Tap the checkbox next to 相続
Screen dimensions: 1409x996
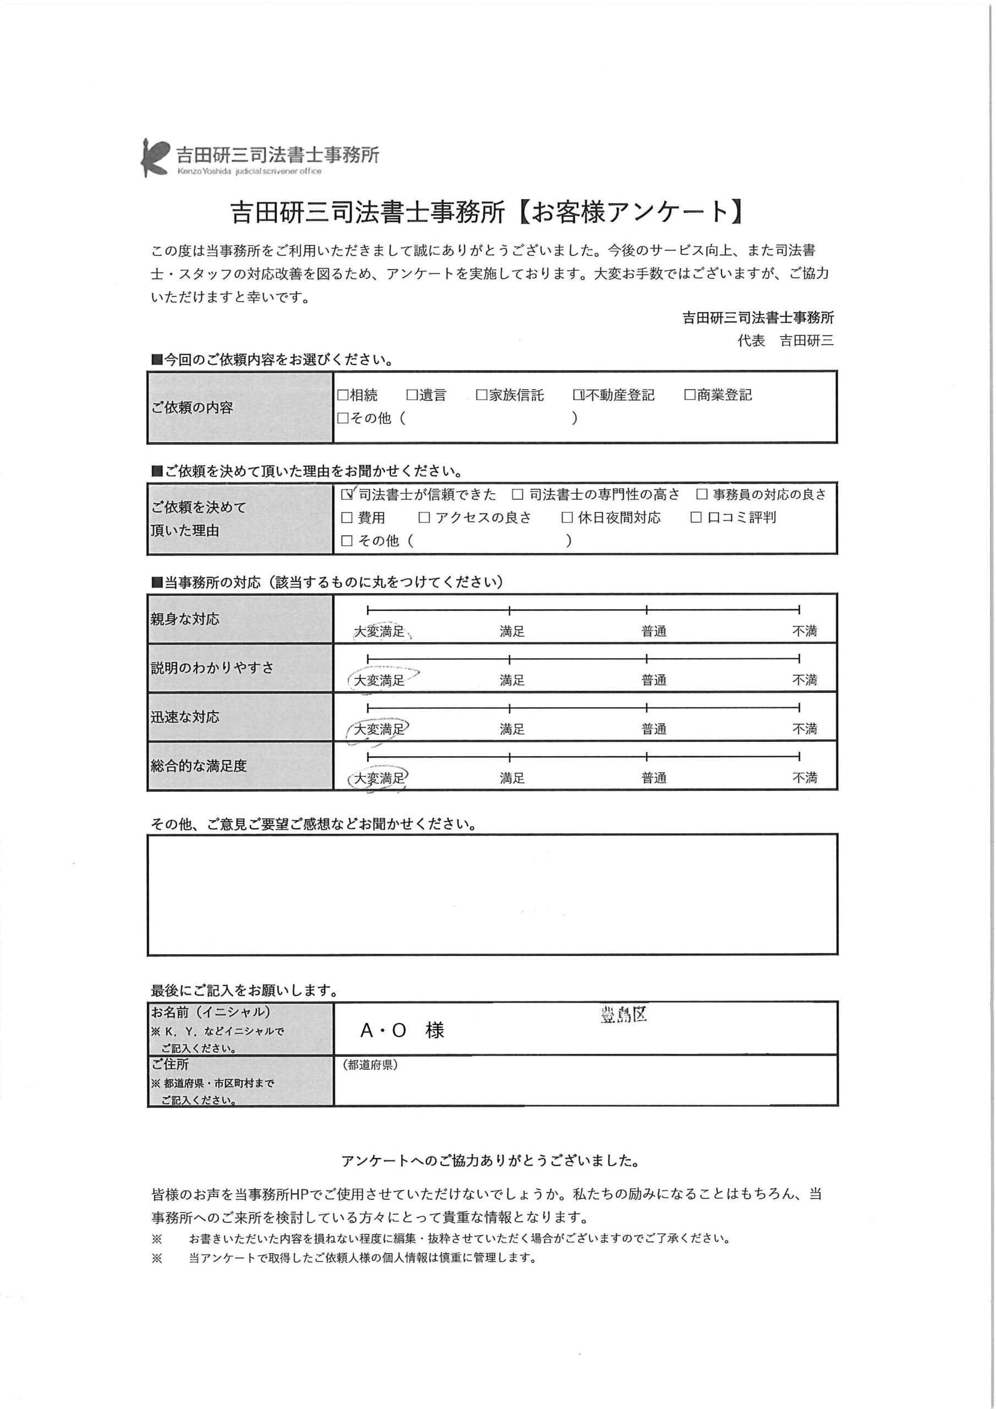click(x=342, y=395)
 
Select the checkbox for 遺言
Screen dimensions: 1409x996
click(x=412, y=395)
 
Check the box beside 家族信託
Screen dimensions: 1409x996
click(x=481, y=395)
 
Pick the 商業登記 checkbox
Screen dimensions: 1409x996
click(x=690, y=395)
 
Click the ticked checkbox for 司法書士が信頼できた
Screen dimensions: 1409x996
click(x=347, y=494)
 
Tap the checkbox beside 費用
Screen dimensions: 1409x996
click(x=347, y=518)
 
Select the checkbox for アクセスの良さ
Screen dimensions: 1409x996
click(x=424, y=518)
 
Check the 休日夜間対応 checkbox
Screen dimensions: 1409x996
click(x=567, y=518)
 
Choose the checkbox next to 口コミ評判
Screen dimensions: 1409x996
click(x=696, y=518)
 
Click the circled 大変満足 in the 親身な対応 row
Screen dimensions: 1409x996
click(x=379, y=631)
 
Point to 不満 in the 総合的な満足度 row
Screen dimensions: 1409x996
click(x=805, y=778)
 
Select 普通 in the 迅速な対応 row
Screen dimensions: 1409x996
click(x=654, y=729)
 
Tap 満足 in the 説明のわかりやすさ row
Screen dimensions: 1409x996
click(x=512, y=680)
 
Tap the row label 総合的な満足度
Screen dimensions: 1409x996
click(x=199, y=766)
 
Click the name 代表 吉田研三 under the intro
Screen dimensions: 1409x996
click(x=785, y=341)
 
